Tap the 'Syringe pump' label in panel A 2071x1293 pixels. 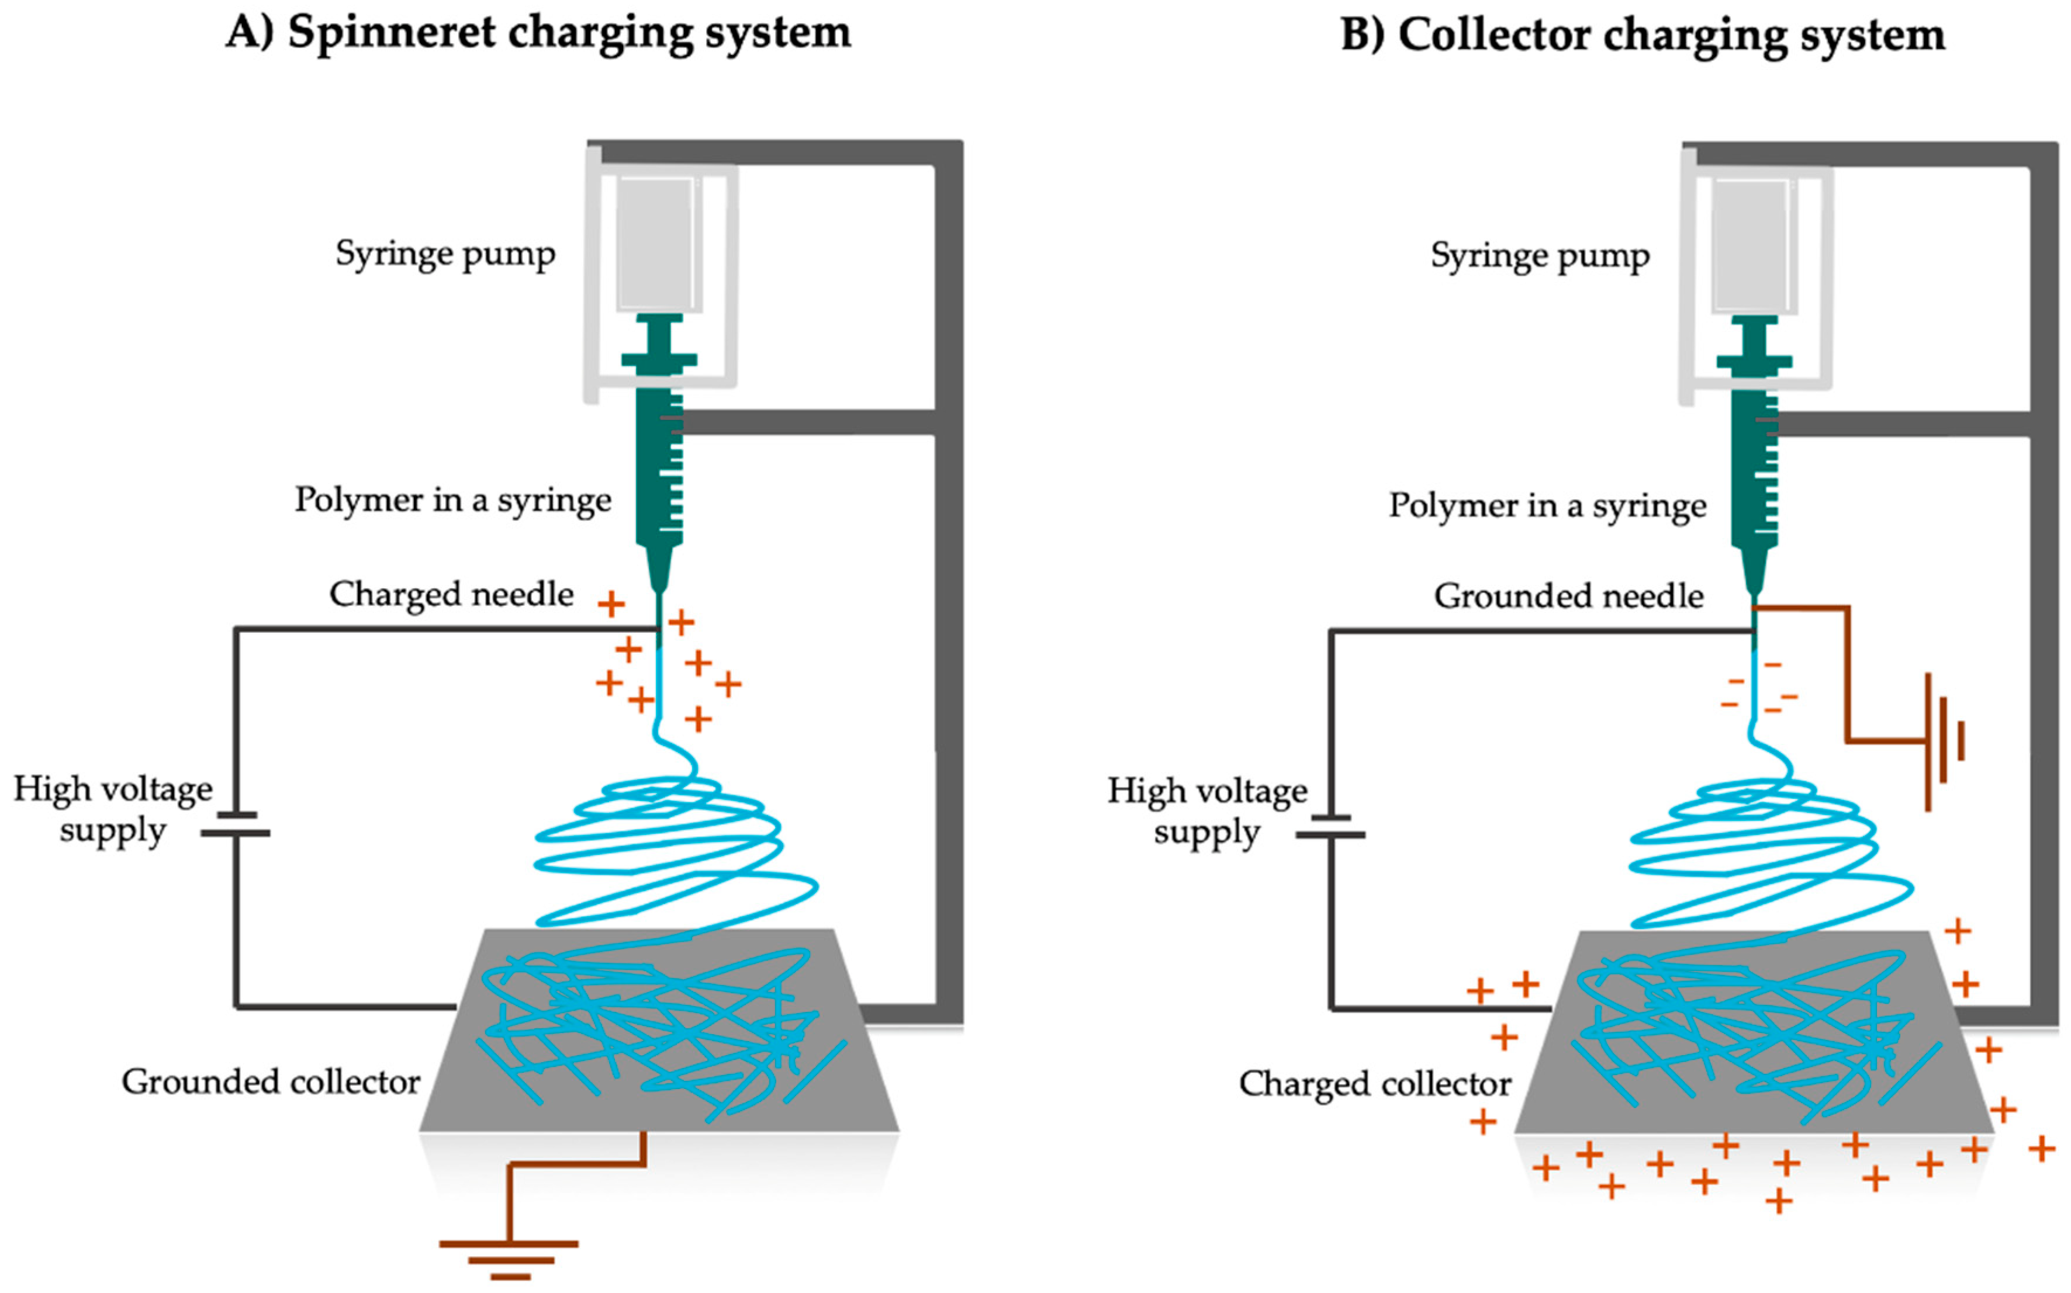coord(445,254)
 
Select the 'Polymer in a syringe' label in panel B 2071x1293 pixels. coord(1547,505)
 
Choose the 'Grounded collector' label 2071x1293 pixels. coord(270,1081)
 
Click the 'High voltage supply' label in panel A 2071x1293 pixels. coord(113,808)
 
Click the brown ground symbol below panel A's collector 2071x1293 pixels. coord(509,1257)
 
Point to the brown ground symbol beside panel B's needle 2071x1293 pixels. coord(1942,740)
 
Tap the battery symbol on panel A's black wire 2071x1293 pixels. coord(235,824)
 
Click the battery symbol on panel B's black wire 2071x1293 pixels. coord(1330,826)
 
